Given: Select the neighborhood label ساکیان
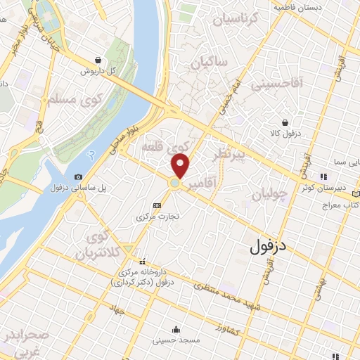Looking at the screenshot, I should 208,63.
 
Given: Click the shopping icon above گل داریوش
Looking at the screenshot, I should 106,60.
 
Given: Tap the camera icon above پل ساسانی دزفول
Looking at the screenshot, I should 78,176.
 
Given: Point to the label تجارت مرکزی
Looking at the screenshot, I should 157,217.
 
